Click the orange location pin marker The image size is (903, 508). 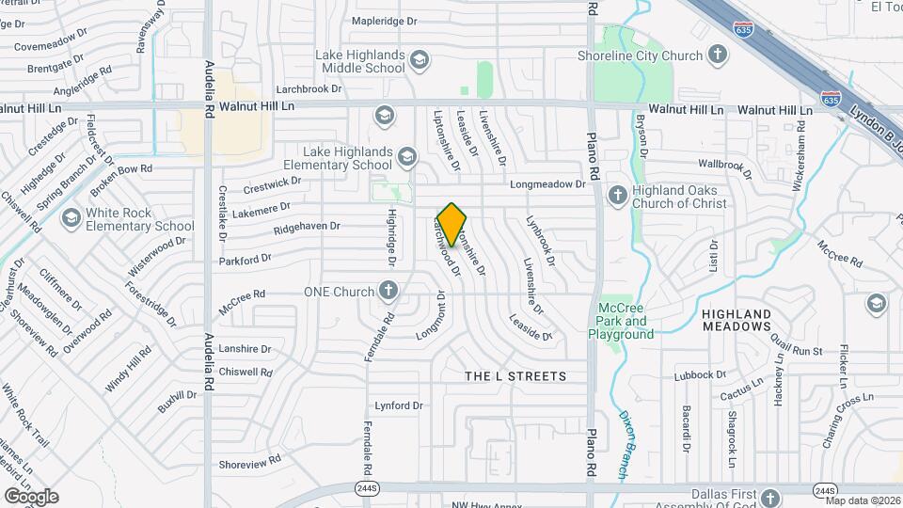click(451, 224)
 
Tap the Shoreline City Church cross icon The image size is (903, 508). click(718, 56)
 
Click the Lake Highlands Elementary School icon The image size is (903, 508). click(406, 156)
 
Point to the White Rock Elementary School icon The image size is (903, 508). click(71, 219)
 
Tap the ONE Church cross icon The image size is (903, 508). click(388, 291)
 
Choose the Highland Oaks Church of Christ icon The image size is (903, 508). click(618, 196)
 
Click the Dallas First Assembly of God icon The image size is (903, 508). click(770, 496)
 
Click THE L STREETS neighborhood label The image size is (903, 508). click(516, 376)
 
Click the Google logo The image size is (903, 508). click(31, 496)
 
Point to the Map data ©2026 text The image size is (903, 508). click(862, 500)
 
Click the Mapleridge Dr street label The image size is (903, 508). click(383, 20)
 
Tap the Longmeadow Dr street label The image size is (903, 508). click(547, 184)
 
